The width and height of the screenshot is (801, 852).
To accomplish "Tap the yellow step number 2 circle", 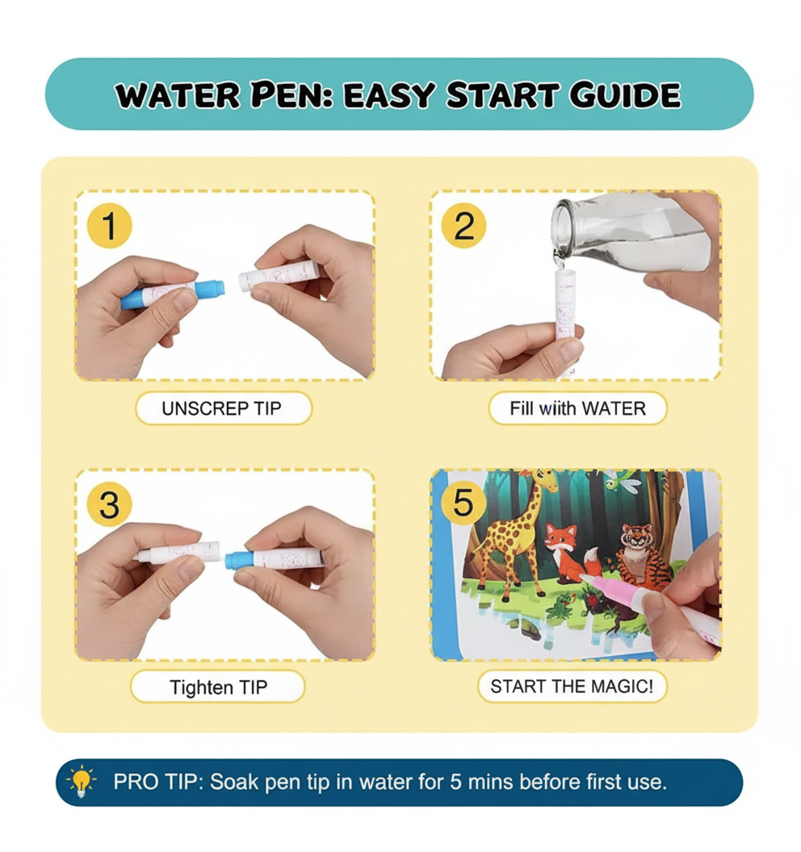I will coord(463,227).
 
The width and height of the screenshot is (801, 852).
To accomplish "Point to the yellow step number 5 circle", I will coord(463,503).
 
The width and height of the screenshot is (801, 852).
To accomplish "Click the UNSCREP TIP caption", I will coord(224,408).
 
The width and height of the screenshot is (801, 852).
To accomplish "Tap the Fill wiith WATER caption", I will coord(577,408).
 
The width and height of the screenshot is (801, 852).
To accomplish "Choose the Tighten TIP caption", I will coord(218,687).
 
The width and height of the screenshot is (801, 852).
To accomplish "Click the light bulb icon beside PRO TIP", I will coord(82,782).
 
